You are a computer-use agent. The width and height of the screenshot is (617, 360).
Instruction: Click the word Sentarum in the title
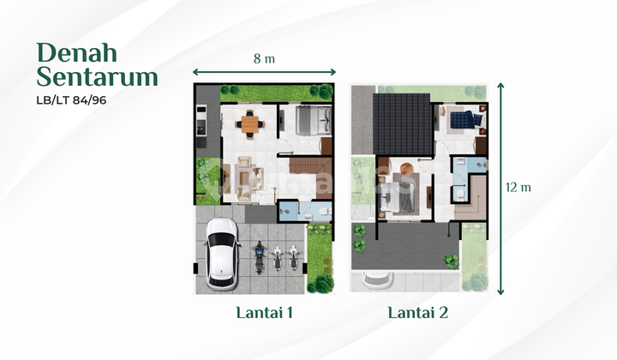click(x=97, y=76)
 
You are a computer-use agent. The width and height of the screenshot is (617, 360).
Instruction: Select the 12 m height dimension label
click(x=518, y=187)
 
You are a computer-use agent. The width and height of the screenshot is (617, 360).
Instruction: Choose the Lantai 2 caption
click(x=419, y=314)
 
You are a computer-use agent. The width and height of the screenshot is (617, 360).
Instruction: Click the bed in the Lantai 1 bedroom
click(x=311, y=121)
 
